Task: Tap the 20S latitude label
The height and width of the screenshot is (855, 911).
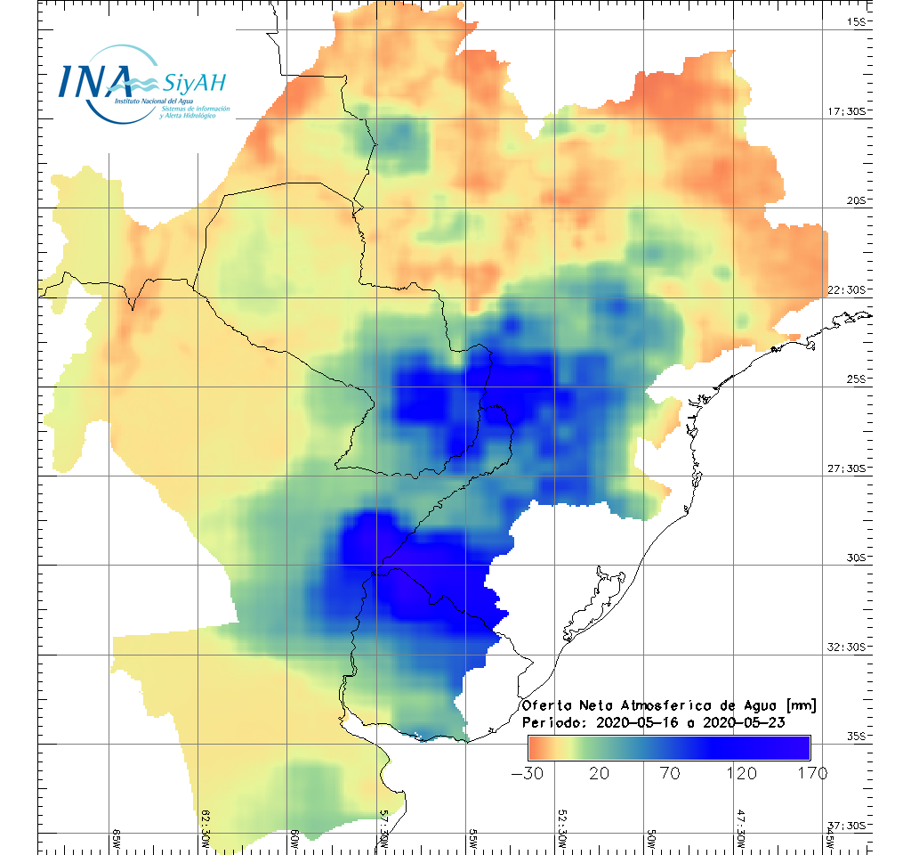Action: point(857,201)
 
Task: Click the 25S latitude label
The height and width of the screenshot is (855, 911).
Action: point(857,379)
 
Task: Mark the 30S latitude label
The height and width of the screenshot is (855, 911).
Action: point(857,558)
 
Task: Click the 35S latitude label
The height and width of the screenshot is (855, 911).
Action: point(857,736)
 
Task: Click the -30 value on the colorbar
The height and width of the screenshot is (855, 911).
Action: point(528,772)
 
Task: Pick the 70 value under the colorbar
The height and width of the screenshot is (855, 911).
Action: point(669,772)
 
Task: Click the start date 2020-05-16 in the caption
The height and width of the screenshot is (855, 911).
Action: point(637,722)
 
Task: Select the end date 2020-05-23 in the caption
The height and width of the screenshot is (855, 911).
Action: point(744,722)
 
